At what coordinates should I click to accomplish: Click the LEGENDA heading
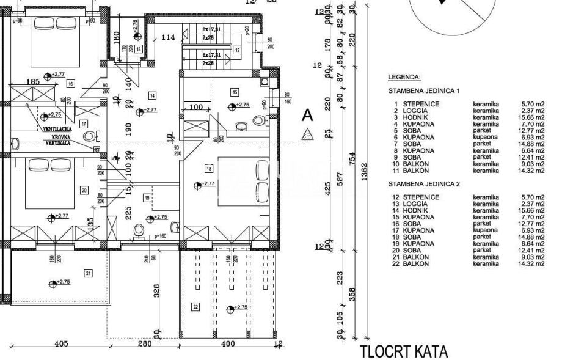click(404, 78)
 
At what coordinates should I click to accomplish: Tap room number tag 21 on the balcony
click(89, 273)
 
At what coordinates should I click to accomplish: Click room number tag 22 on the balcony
click(195, 306)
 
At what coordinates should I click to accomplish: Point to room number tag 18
click(209, 168)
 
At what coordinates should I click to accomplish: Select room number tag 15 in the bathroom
click(234, 92)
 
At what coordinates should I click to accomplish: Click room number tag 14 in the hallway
click(152, 95)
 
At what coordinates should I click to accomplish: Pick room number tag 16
click(71, 83)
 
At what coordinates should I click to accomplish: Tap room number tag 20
click(84, 190)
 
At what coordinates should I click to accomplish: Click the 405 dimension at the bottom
click(61, 344)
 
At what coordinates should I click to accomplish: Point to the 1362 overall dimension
click(364, 168)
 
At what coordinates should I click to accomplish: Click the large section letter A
click(308, 114)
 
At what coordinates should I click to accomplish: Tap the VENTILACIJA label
click(57, 129)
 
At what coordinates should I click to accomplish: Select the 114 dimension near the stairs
click(169, 37)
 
